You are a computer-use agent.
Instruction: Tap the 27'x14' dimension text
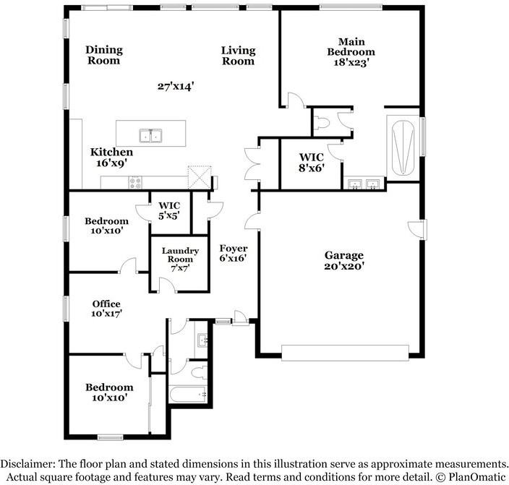pyautogui.click(x=176, y=86)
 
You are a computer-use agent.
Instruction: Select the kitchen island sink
pyautogui.click(x=151, y=136)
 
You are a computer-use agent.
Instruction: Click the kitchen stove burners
pyautogui.click(x=135, y=182)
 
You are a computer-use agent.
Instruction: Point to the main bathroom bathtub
pyautogui.click(x=403, y=147)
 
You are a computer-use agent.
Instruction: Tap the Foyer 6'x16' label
pyautogui.click(x=234, y=253)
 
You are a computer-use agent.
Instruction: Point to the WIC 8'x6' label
pyautogui.click(x=312, y=163)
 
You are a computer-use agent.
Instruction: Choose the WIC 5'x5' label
pyautogui.click(x=169, y=210)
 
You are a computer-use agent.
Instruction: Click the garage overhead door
pyautogui.click(x=345, y=353)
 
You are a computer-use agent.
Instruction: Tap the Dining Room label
pyautogui.click(x=104, y=55)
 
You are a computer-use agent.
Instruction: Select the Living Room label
pyautogui.click(x=239, y=56)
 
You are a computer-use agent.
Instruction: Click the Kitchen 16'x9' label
pyautogui.click(x=111, y=157)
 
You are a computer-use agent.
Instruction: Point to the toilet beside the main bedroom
pyautogui.click(x=322, y=123)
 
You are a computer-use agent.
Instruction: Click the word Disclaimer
pyautogui.click(x=27, y=463)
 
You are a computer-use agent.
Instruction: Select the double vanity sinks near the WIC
pyautogui.click(x=364, y=184)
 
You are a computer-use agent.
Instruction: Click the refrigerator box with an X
pyautogui.click(x=200, y=177)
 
